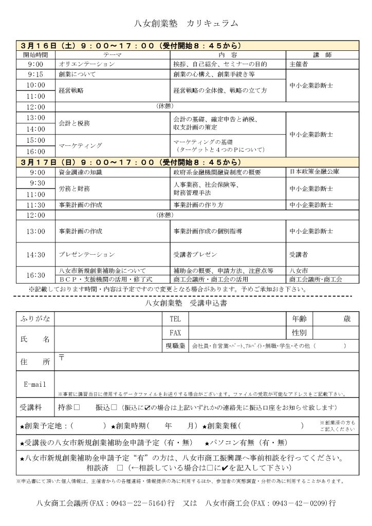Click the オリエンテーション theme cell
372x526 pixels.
pos(87,64)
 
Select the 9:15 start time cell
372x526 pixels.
pos(35,74)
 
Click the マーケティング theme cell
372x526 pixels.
pos(78,146)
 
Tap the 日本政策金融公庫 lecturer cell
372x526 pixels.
pos(314,172)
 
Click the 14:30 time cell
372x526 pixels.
pos(35,254)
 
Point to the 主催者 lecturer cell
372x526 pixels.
pos(299,64)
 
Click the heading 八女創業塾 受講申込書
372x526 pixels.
pos(187,304)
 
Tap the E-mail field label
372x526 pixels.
pos(35,384)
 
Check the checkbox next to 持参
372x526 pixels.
pos(77,407)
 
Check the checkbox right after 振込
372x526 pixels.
pos(114,407)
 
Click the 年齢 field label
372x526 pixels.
pos(300,318)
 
